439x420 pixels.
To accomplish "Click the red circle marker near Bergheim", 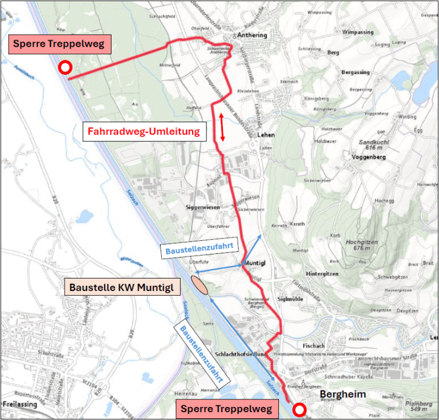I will click(298, 408).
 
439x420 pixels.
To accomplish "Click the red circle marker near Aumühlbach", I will click(66, 68).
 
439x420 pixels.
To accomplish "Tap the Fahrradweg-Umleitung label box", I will click(144, 132).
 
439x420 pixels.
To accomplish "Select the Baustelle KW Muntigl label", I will click(121, 286).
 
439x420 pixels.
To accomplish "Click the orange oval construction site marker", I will click(199, 284).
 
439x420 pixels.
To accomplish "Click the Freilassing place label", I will click(21, 403).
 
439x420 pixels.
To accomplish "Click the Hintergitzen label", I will click(322, 274).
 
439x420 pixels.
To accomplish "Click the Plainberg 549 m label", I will click(419, 406).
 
